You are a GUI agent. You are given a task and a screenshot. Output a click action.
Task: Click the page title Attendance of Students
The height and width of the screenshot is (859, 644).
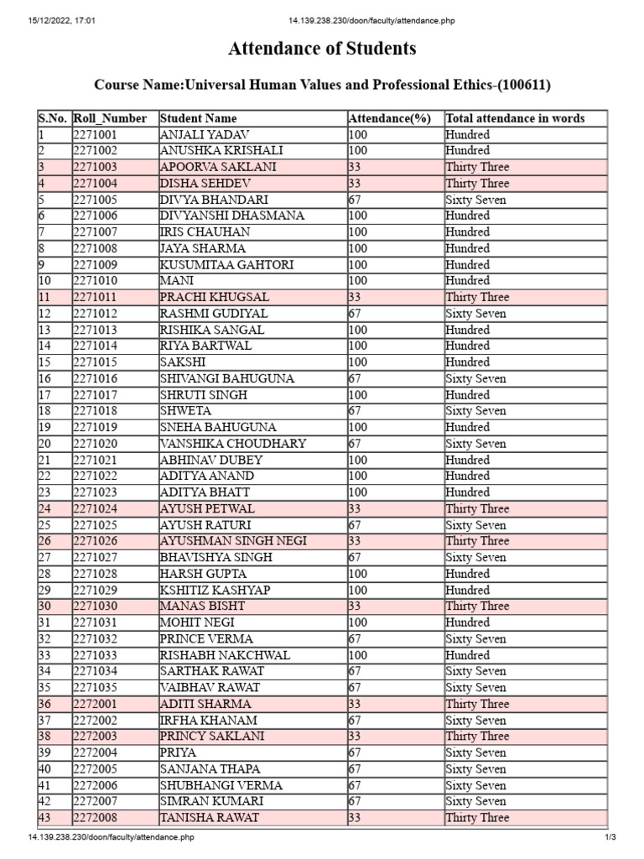coord(322,49)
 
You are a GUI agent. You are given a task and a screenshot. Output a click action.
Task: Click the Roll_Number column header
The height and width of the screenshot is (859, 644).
coord(110,118)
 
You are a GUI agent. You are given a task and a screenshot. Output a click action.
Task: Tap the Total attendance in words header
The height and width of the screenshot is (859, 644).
coord(515,118)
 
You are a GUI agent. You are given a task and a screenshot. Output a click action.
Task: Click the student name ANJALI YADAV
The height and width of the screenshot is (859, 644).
coord(205,134)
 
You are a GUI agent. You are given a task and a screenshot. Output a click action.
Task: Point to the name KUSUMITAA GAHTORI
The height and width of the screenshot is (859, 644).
coord(226,264)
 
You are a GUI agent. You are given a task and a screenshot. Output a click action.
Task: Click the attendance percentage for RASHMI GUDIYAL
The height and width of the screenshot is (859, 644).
coord(355,313)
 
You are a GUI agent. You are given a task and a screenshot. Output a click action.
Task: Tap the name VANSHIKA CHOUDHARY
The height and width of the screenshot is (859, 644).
coord(233,444)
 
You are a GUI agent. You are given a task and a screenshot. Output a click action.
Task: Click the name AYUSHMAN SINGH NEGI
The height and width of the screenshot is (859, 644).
coord(233,541)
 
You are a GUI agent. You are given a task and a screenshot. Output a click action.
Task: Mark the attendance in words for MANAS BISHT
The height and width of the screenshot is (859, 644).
coord(477,606)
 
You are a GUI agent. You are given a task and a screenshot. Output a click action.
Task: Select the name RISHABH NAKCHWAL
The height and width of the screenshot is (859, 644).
coord(225,655)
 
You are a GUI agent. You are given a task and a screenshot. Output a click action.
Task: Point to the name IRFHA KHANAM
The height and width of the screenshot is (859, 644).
coord(208,721)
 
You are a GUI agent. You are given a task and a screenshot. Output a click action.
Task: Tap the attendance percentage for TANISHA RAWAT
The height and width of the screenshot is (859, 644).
coord(355,818)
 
